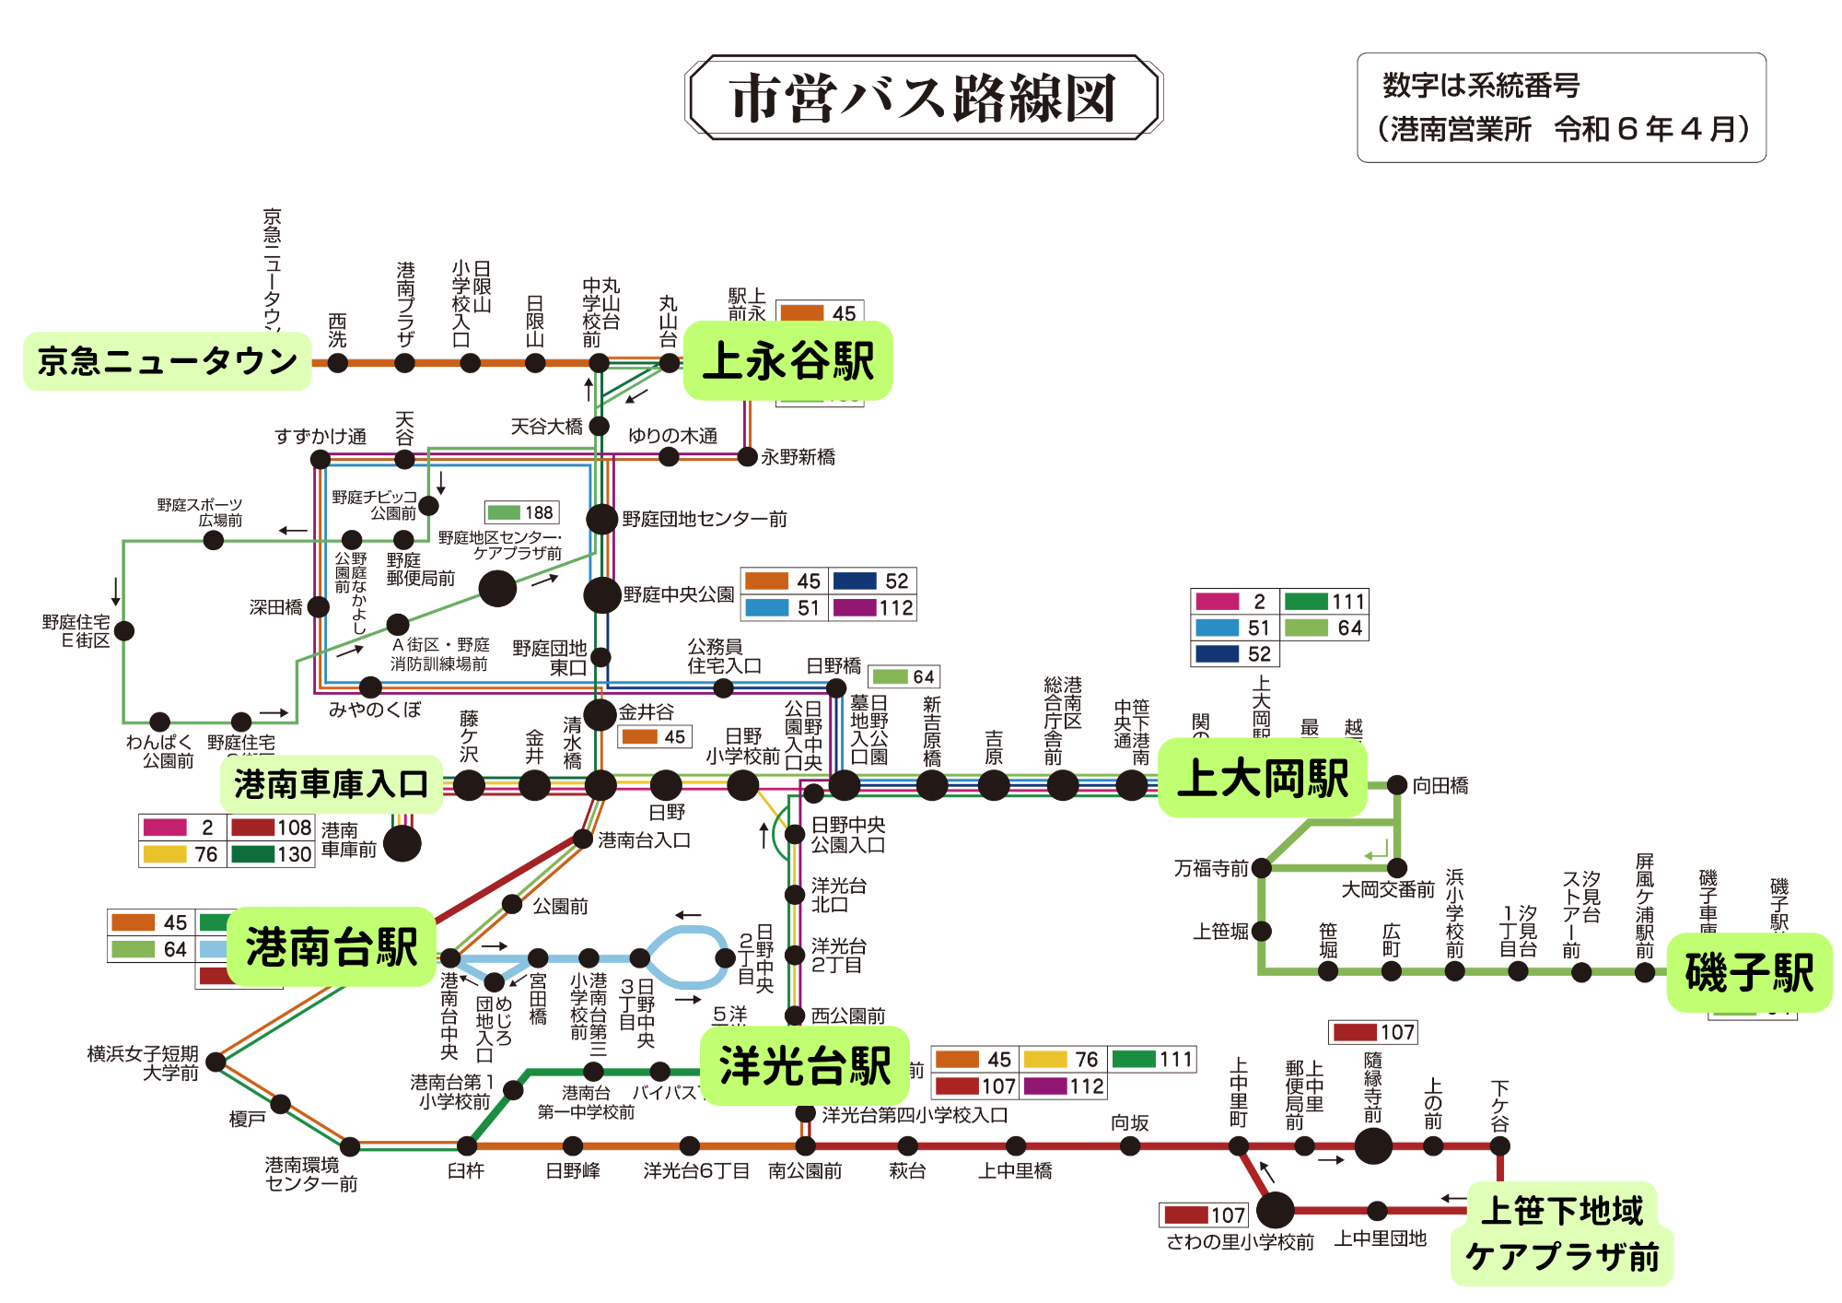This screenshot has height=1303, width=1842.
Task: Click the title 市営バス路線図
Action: [x=923, y=98]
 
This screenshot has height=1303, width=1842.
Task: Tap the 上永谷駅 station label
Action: [x=787, y=360]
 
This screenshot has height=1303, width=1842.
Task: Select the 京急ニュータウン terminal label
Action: [x=167, y=361]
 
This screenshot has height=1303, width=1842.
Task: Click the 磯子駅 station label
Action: [x=1748, y=973]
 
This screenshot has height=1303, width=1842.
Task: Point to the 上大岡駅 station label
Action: [x=1262, y=779]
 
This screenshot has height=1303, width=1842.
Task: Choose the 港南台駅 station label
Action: [x=331, y=947]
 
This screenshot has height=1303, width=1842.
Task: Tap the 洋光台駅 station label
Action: [x=804, y=1066]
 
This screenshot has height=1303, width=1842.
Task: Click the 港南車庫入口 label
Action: [x=331, y=784]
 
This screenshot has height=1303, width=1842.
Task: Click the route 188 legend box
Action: [x=522, y=512]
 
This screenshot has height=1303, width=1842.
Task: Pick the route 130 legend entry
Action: [x=272, y=854]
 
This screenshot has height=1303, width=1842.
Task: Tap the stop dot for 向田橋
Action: [x=1397, y=785]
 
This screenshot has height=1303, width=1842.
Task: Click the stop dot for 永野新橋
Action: [x=748, y=456]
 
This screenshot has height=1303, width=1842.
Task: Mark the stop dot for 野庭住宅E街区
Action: [x=124, y=630]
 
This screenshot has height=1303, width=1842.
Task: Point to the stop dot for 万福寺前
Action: [x=1262, y=868]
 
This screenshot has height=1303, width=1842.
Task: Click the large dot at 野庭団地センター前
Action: [x=601, y=519]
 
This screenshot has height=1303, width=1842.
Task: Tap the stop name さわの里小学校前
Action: [x=1240, y=1242]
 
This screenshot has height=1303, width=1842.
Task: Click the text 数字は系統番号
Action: [x=1481, y=86]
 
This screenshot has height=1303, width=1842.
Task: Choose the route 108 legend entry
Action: [x=272, y=828]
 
